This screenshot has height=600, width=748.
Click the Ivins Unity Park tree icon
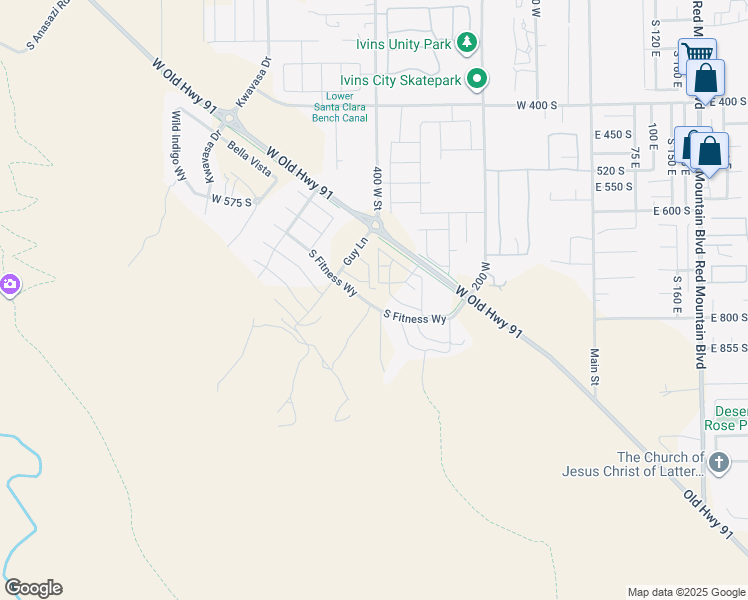(x=466, y=42)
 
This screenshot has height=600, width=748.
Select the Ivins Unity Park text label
(x=403, y=44)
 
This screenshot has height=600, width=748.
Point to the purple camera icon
(x=9, y=285)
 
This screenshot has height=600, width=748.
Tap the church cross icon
(x=718, y=462)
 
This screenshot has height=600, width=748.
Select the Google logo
(x=33, y=588)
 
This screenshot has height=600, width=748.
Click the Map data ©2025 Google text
(x=685, y=592)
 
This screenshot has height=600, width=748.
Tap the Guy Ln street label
(x=351, y=250)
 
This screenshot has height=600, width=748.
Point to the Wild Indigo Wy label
(x=179, y=145)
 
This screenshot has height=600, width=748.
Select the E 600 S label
(x=672, y=211)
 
